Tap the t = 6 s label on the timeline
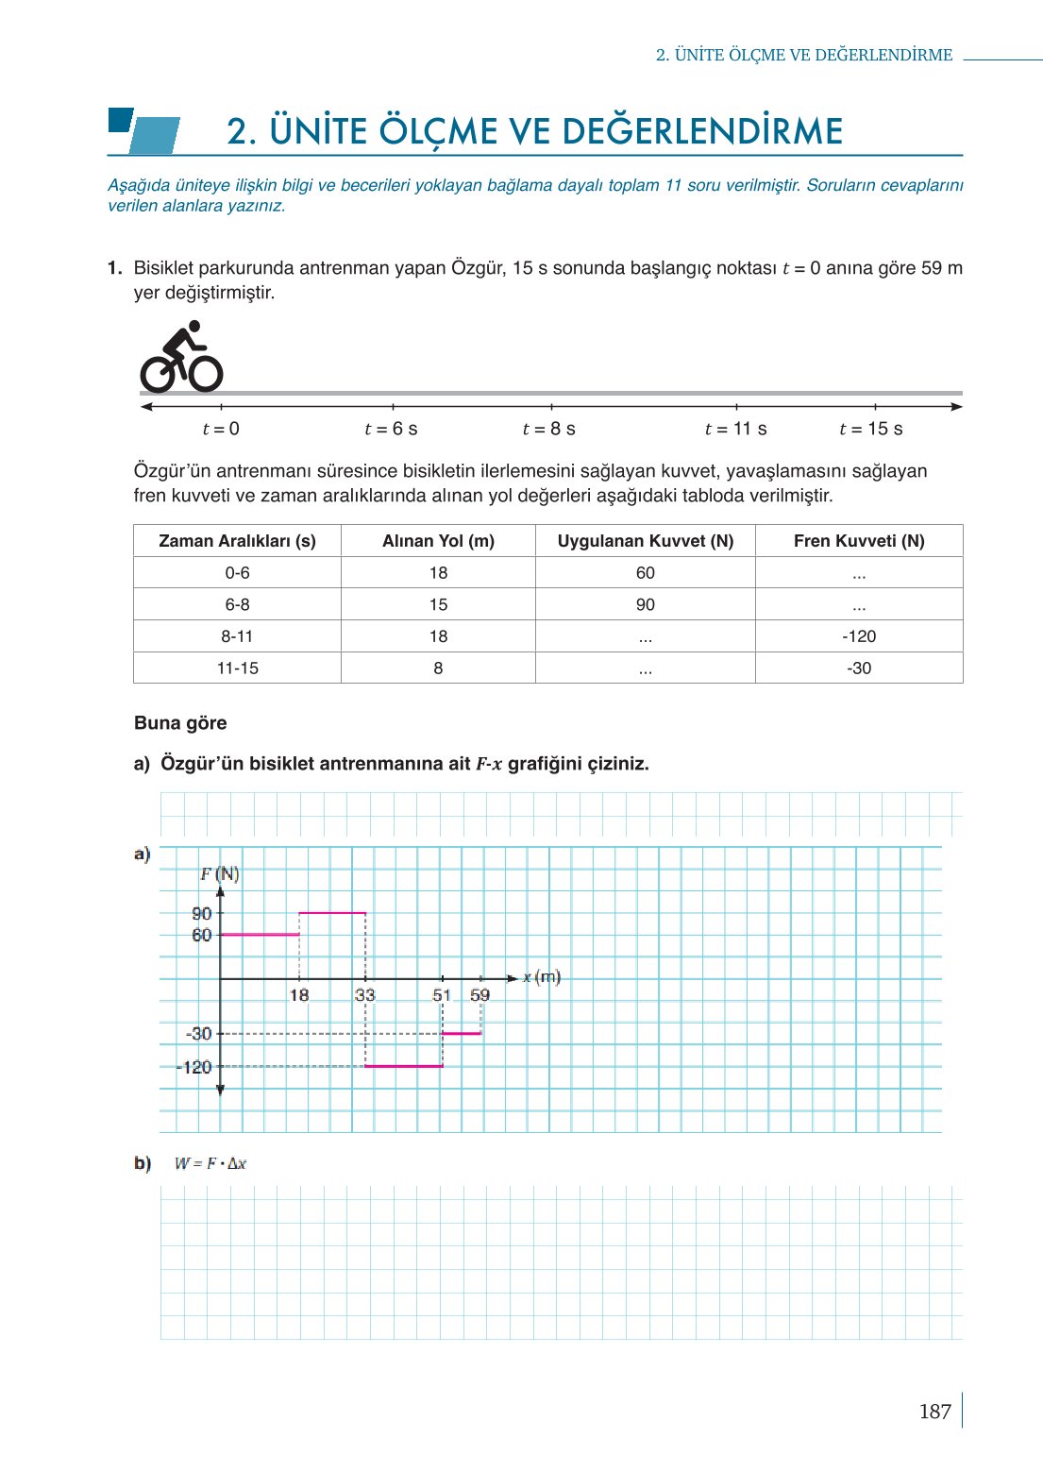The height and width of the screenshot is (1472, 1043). (x=391, y=429)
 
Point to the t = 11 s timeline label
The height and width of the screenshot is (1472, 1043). (x=735, y=429)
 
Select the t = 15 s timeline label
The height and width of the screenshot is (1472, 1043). (x=870, y=429)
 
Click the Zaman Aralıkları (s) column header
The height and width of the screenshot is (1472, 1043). (x=237, y=541)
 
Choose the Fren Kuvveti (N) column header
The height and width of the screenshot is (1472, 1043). (x=859, y=541)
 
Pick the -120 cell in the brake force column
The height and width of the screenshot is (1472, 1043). (x=859, y=636)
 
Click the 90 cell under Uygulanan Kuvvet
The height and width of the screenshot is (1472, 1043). (x=645, y=604)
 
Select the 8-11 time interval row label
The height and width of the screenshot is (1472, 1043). (x=237, y=636)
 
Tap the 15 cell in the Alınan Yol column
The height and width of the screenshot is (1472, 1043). (x=438, y=604)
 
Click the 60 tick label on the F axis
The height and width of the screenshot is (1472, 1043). (x=202, y=936)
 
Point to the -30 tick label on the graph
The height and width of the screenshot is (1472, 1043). (x=199, y=1034)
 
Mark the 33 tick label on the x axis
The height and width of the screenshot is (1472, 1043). (x=365, y=995)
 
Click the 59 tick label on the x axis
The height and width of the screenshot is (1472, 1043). (x=480, y=995)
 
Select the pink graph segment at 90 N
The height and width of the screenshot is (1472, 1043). (x=332, y=913)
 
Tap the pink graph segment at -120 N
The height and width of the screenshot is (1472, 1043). (x=404, y=1066)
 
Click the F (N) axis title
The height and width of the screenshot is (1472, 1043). (x=220, y=874)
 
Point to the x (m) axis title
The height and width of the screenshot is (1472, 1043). (x=542, y=977)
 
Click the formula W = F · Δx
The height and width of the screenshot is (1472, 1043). (x=210, y=1163)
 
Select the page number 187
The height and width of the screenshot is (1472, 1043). (x=934, y=1412)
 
